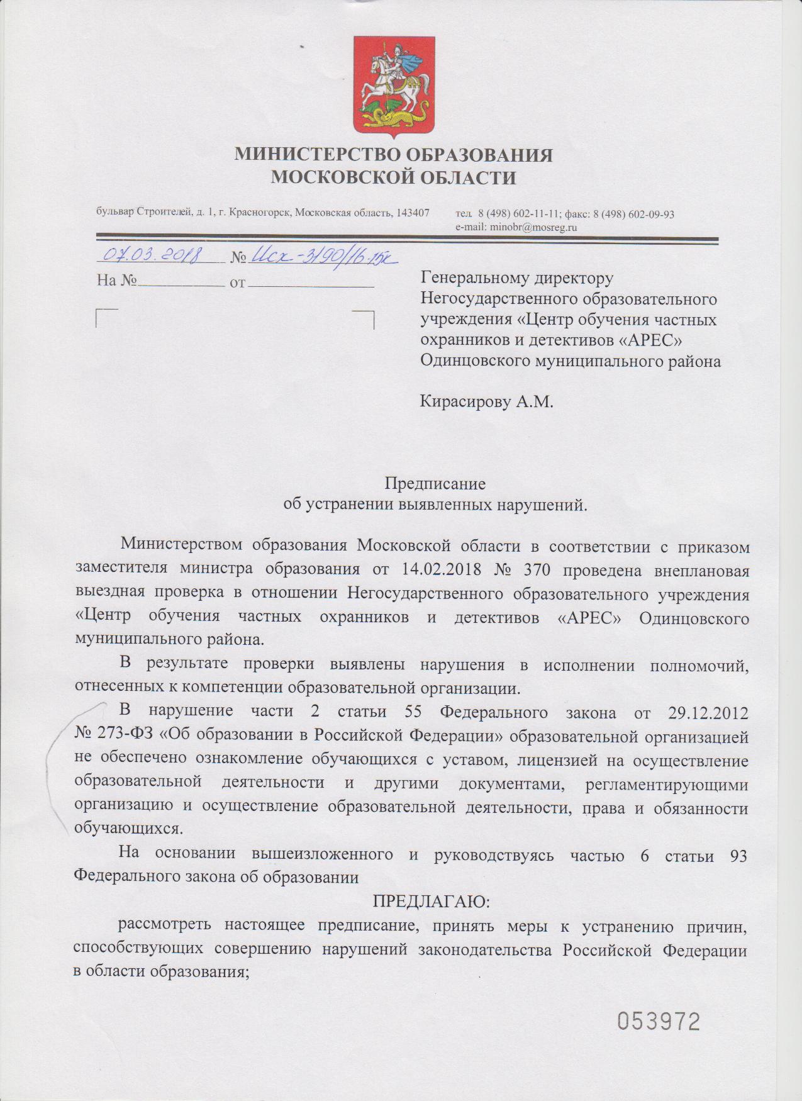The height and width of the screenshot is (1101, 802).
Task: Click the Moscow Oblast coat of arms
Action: tap(394, 85)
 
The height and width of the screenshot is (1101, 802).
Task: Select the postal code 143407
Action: tap(413, 213)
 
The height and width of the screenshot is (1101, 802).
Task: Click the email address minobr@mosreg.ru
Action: tap(534, 227)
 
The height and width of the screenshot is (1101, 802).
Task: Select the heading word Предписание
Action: tap(435, 484)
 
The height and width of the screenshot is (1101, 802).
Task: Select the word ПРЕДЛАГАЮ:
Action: tap(431, 901)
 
